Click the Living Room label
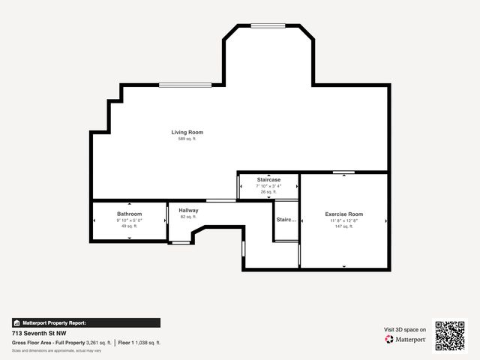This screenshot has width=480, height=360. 187,133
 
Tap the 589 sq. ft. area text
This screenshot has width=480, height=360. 187,139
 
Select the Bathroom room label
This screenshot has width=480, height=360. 129,214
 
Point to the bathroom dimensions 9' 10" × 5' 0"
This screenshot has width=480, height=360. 129,220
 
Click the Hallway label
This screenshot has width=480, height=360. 188,211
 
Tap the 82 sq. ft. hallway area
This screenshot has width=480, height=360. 188,217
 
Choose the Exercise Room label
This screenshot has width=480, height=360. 343,214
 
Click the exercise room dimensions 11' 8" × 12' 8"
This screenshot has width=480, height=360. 343,220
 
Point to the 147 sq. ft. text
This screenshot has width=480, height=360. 343,226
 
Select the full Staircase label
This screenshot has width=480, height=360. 268,180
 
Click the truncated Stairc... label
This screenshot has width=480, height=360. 286,220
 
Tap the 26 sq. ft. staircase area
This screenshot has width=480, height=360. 268,192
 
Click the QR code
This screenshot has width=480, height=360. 450,336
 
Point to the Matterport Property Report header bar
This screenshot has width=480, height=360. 85,322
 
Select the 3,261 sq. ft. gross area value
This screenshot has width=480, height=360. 99,342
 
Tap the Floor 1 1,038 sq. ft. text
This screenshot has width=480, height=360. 139,342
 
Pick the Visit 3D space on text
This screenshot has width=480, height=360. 405,329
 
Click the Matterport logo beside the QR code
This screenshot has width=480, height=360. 405,340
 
